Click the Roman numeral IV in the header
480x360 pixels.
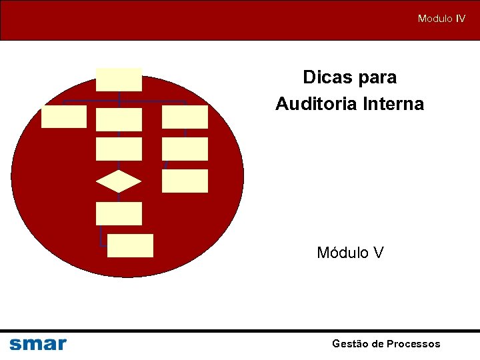coord(460,19)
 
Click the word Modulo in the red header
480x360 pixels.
coord(435,19)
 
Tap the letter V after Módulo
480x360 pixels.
coord(378,253)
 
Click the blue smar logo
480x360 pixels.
coord(38,344)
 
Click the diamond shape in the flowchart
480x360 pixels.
coord(119,181)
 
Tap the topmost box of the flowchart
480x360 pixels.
coord(119,79)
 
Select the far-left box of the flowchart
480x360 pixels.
coord(64,117)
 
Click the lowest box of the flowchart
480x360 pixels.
coord(130,245)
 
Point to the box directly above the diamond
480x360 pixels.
coord(119,149)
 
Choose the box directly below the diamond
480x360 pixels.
coord(119,213)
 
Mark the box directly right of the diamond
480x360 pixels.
coord(185,181)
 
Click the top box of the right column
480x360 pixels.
coord(185,117)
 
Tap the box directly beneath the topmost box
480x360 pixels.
coord(119,119)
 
